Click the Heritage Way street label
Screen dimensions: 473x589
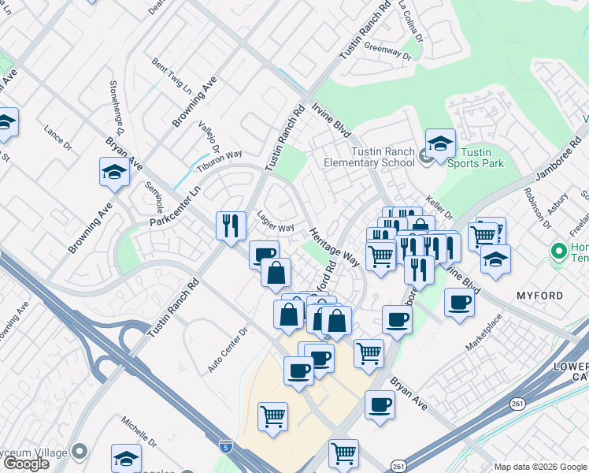pos(335,246)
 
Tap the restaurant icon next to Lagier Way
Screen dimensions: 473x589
pos(230,225)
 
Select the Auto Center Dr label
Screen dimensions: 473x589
pos(228,351)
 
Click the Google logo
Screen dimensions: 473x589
pos(25,464)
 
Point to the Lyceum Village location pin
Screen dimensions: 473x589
pos(79,452)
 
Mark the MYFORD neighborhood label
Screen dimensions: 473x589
pos(539,296)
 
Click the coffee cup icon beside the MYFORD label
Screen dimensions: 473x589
pos(459,303)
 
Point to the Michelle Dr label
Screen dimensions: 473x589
pos(139,430)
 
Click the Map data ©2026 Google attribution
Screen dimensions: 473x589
pos(540,467)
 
